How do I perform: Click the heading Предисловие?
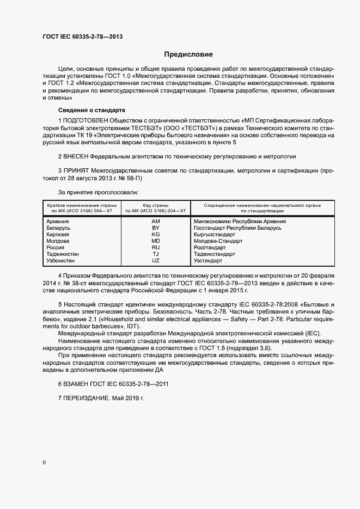pyautogui.click(x=189, y=54)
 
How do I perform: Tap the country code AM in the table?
pyautogui.click(x=156, y=222)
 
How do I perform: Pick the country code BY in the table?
pyautogui.click(x=156, y=228)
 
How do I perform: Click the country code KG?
pyautogui.click(x=156, y=235)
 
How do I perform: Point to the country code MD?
pyautogui.click(x=156, y=241)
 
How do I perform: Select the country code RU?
pyautogui.click(x=156, y=248)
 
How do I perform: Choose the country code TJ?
pyautogui.click(x=156, y=254)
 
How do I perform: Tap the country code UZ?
pyautogui.click(x=156, y=261)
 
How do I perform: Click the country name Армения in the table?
pyautogui.click(x=58, y=222)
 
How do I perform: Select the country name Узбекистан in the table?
pyautogui.click(x=62, y=261)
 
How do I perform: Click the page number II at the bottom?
pyautogui.click(x=44, y=463)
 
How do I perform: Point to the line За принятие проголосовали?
pyautogui.click(x=98, y=192)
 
